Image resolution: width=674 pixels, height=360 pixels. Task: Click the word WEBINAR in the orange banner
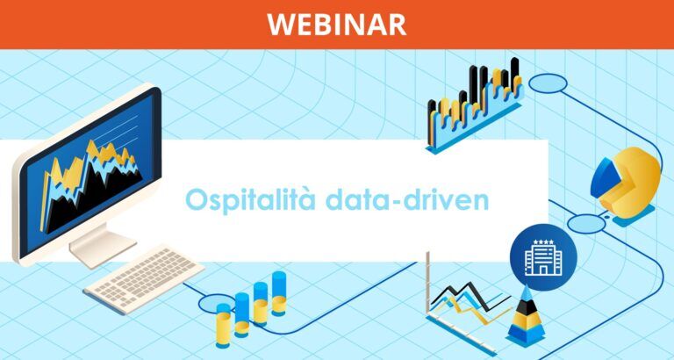pyautogui.click(x=337, y=24)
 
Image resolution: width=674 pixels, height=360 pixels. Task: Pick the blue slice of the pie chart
pyautogui.click(x=606, y=178)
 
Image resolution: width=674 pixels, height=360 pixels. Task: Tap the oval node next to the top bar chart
pyautogui.click(x=549, y=84)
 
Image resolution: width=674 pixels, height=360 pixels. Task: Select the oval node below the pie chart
pyautogui.click(x=586, y=224)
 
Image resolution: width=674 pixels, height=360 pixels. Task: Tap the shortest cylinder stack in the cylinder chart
pyautogui.click(x=224, y=327)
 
